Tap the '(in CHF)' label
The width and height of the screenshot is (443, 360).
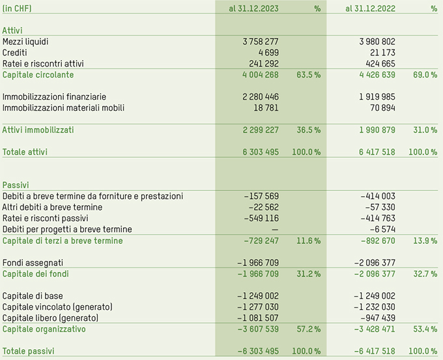(17, 8)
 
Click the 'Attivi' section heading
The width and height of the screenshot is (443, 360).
(12, 31)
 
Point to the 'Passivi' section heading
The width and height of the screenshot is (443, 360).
(15, 185)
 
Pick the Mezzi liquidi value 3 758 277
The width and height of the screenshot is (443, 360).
(260, 42)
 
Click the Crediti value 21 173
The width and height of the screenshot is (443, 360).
(382, 53)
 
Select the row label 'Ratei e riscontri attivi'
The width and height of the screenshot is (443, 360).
(43, 64)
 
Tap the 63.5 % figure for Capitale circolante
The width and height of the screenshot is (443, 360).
(308, 75)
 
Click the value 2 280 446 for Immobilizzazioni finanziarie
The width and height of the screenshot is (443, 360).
(260, 97)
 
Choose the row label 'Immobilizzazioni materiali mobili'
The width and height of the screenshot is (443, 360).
(63, 108)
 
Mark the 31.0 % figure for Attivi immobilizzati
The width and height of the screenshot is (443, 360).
(424, 130)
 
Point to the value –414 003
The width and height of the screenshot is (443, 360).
(378, 196)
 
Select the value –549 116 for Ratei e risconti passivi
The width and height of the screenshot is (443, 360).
(261, 218)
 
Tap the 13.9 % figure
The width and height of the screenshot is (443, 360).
(424, 241)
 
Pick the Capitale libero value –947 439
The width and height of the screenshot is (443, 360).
(378, 318)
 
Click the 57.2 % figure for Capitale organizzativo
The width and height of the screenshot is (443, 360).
(308, 329)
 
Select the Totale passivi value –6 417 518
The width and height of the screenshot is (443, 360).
(374, 352)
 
